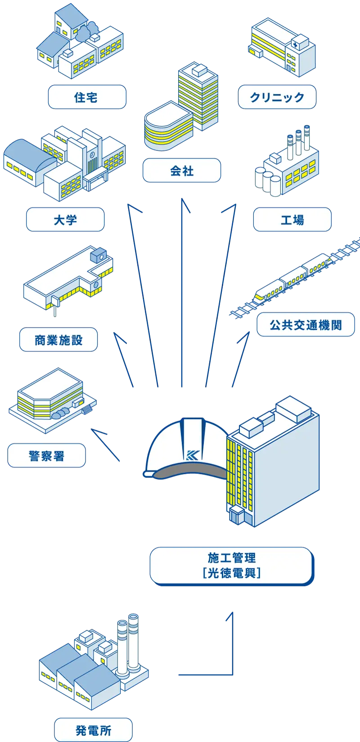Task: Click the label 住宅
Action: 86,97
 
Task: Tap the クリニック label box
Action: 277,97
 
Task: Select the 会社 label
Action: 182,171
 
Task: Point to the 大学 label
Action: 65,220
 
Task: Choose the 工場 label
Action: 292,220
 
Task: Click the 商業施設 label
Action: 58,340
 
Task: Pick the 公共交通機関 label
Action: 306,324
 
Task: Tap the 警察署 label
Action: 46,455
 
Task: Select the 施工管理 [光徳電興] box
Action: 231,565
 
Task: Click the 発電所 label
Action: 93,730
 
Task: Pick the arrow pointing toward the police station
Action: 106,445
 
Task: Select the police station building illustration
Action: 52,400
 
